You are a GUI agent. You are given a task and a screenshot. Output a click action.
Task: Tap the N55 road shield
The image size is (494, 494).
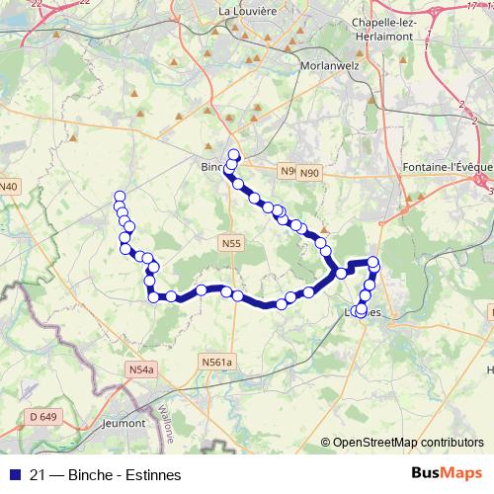[231, 242]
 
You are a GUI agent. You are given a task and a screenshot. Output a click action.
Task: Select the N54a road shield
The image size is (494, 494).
[142, 370]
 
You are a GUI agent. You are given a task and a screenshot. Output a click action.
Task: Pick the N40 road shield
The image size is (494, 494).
[9, 186]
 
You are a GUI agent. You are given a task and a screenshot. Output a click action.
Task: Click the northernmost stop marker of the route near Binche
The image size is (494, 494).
[234, 153]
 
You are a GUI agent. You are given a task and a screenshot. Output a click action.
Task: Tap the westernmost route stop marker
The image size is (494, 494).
[120, 197]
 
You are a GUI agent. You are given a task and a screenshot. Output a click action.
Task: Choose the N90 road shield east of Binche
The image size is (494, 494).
[311, 173]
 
